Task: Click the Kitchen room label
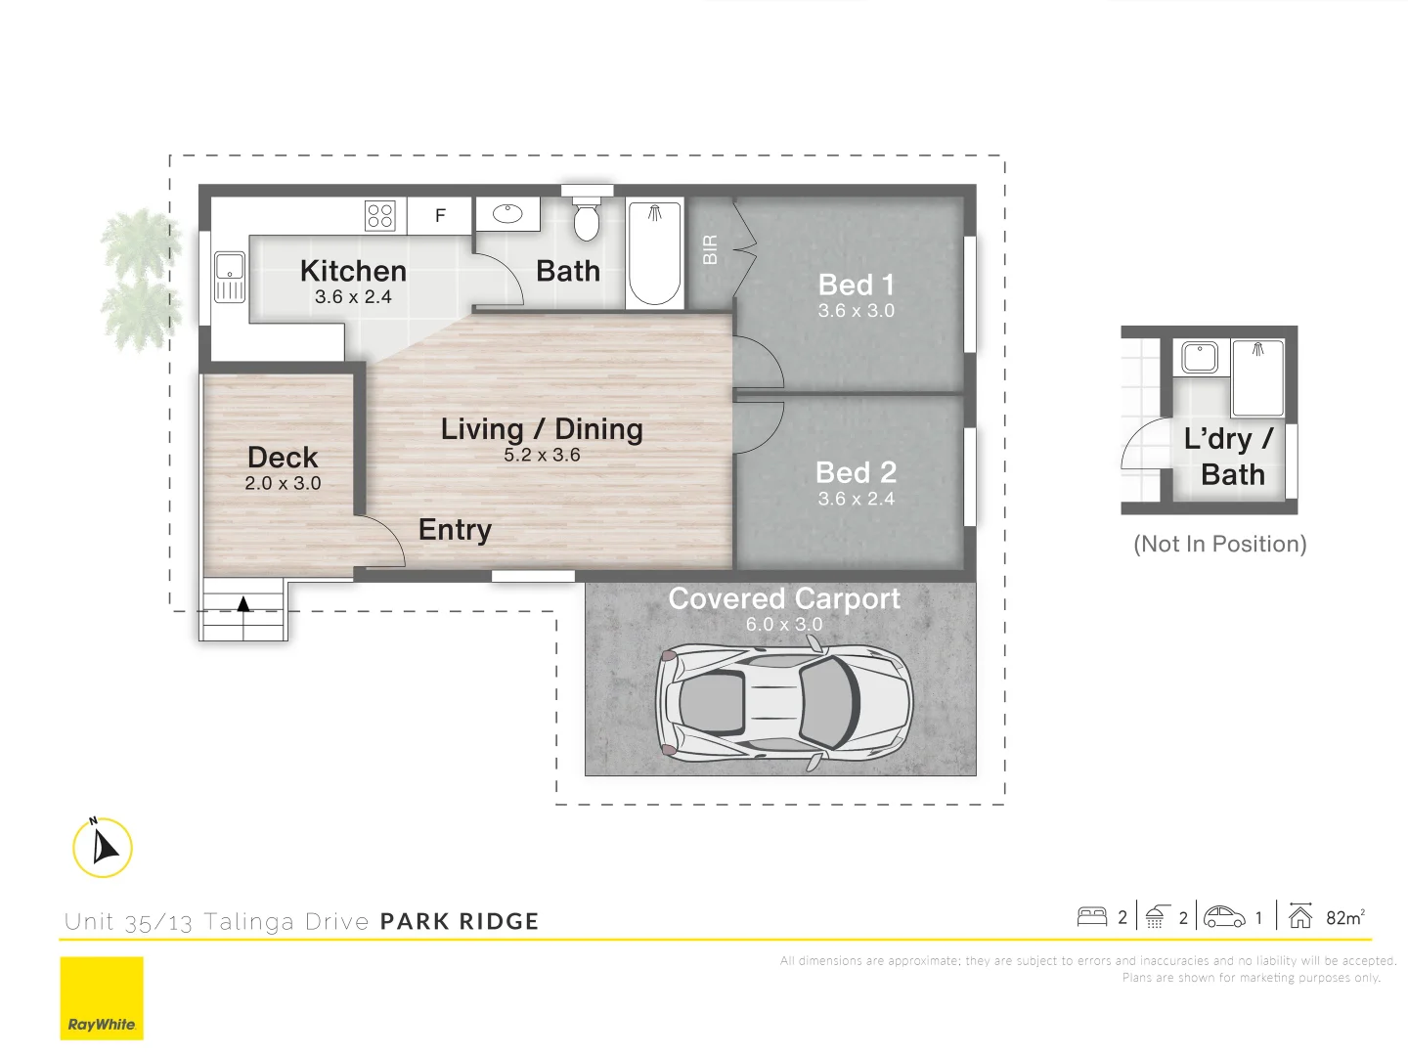(353, 271)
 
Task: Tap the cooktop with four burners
(379, 215)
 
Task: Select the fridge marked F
(440, 215)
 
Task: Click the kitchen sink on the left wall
(230, 277)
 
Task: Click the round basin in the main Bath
(507, 214)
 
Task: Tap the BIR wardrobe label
(711, 249)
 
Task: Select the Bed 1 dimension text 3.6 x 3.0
(856, 311)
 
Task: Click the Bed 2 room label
(856, 472)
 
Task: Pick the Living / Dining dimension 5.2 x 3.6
(542, 456)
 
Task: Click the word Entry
(455, 530)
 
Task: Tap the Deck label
(283, 458)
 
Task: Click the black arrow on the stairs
(243, 603)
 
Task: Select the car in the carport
(784, 700)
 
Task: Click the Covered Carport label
(784, 598)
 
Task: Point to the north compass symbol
(103, 847)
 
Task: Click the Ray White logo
(102, 998)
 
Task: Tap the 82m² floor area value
(1344, 917)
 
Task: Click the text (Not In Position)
(1219, 544)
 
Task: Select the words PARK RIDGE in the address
(460, 921)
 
